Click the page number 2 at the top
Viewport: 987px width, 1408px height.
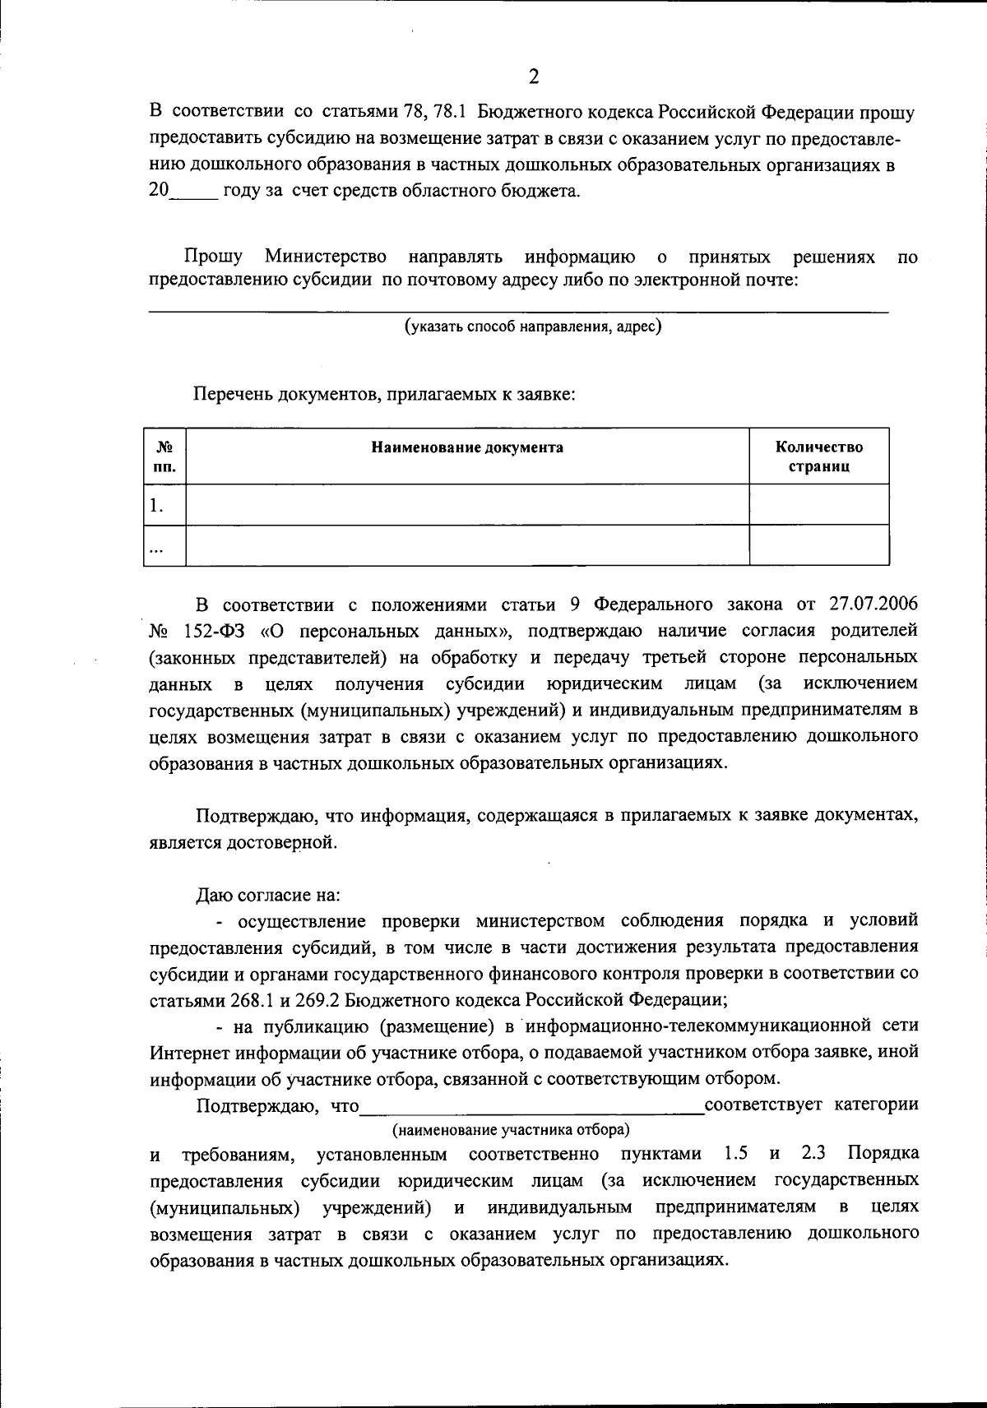point(533,77)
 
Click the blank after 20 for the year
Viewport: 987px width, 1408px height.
point(194,192)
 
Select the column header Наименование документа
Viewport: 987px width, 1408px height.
point(467,448)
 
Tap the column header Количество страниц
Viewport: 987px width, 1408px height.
point(819,456)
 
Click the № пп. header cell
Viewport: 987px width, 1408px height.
point(164,456)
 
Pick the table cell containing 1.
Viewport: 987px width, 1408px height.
point(164,505)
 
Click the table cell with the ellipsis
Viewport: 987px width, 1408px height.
point(164,546)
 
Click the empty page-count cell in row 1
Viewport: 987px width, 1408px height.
point(819,505)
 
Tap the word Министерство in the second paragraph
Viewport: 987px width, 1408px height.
point(325,257)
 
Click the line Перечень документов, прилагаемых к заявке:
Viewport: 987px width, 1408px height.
point(384,394)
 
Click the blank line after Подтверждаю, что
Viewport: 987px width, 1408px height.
point(532,1105)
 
